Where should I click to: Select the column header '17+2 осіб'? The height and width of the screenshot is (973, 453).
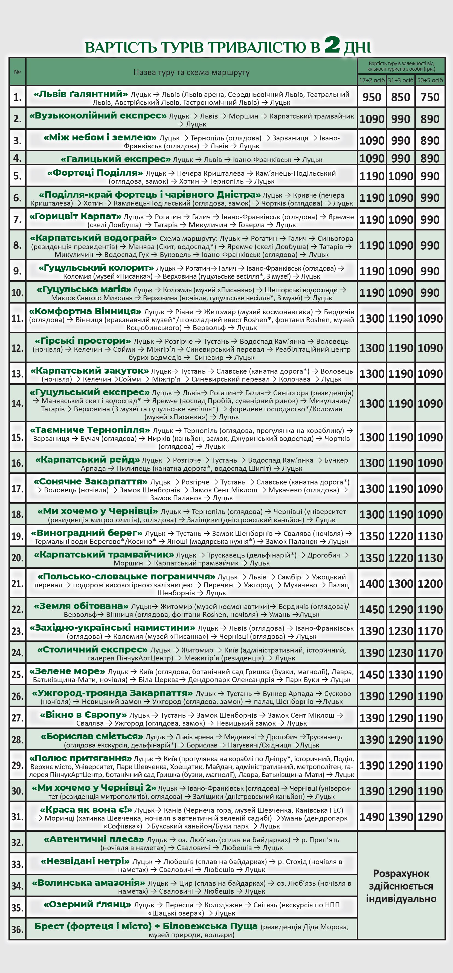[x=372, y=80]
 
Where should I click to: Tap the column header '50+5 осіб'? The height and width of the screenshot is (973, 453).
[x=430, y=80]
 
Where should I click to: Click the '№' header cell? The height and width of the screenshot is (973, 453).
[x=17, y=72]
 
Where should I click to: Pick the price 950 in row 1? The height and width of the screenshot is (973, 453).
[x=372, y=97]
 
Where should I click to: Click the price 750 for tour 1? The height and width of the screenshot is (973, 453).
[x=430, y=97]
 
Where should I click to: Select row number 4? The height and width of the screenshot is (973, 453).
[x=17, y=158]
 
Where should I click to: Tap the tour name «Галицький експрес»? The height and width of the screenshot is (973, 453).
[x=115, y=159]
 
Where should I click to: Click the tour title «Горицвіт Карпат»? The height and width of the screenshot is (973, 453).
[x=75, y=216]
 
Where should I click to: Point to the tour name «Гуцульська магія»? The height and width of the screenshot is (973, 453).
[x=84, y=290]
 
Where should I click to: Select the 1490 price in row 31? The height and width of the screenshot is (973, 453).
[x=372, y=817]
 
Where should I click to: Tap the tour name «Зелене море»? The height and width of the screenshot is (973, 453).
[x=67, y=671]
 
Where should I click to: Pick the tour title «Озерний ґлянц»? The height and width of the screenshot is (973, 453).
[x=87, y=904]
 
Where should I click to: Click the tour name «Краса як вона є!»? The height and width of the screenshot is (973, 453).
[x=86, y=810]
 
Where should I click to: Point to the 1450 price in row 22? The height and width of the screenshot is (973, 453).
[x=372, y=610]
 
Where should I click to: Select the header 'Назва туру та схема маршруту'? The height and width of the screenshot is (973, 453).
[x=191, y=72]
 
